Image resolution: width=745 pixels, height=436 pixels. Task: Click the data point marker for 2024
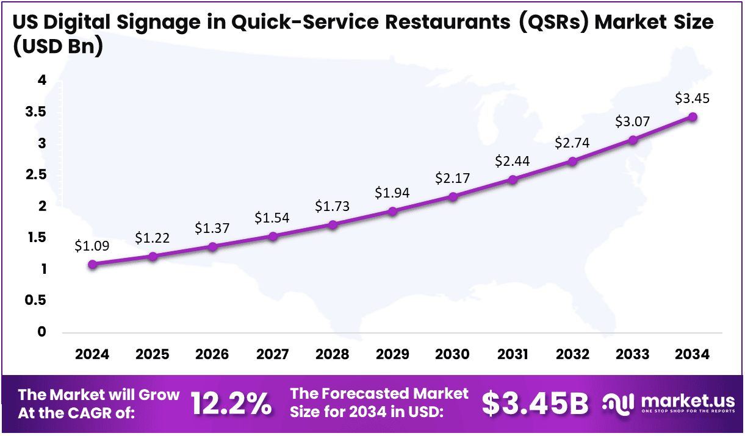tap(92, 264)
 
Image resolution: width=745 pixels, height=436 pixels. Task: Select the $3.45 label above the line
tap(693, 98)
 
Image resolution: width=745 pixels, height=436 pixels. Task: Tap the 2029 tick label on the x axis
tap(392, 355)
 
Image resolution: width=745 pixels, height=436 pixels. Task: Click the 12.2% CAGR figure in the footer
tap(231, 403)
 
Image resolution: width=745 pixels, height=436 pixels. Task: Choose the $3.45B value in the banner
tap(536, 403)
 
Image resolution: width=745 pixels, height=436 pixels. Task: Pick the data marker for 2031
tap(513, 179)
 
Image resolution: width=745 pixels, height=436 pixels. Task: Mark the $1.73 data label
tap(333, 206)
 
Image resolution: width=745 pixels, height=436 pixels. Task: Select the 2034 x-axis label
tap(693, 355)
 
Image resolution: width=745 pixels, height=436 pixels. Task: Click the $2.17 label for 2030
tap(452, 179)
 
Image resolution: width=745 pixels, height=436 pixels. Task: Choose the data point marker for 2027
tap(273, 236)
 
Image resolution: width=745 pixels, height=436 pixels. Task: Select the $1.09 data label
tap(92, 246)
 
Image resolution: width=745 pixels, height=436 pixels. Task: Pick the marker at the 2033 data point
tap(633, 140)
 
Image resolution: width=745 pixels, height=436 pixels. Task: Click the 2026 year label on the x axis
tap(212, 355)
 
